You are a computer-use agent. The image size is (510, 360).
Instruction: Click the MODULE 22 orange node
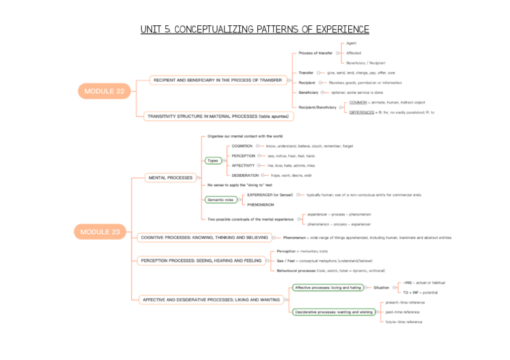[x=104, y=91]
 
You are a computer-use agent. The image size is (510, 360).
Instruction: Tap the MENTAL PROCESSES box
[x=170, y=177]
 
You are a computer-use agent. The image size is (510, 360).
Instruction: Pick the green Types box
[x=213, y=160]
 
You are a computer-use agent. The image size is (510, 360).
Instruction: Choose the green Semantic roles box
[x=220, y=200]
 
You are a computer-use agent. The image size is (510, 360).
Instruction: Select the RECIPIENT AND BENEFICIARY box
[x=217, y=80]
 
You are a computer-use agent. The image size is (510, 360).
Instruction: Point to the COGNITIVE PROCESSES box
[x=204, y=237]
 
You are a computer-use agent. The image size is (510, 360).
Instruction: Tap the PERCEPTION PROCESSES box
[x=201, y=261]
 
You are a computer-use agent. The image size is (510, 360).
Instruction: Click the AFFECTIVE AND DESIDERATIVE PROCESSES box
[x=210, y=299]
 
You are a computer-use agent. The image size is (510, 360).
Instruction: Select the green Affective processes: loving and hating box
[x=328, y=287]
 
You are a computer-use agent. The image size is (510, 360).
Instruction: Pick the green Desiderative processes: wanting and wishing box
[x=333, y=312]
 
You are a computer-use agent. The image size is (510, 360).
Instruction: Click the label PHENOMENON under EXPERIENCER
[x=260, y=204]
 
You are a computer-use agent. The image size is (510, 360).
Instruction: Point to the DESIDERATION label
[x=245, y=175]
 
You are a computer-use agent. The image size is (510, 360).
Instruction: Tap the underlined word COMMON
[x=358, y=102]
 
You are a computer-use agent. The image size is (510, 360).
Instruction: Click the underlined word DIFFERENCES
[x=362, y=112]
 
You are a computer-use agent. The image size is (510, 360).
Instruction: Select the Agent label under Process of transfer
[x=351, y=44]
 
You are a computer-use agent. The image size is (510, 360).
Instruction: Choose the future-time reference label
[x=404, y=322]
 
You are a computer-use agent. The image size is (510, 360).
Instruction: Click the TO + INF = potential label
[x=420, y=292]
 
